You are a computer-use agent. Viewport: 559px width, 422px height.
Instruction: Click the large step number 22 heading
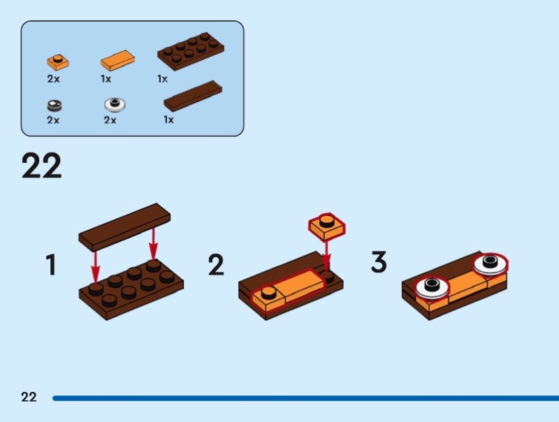pyautogui.click(x=42, y=166)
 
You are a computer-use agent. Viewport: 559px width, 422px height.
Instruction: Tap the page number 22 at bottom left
pyautogui.click(x=29, y=398)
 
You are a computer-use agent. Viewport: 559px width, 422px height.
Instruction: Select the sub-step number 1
pyautogui.click(x=50, y=265)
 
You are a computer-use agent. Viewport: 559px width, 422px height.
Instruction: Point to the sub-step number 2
pyautogui.click(x=216, y=265)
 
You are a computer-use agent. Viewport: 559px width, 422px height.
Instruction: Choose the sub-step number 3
pyautogui.click(x=379, y=263)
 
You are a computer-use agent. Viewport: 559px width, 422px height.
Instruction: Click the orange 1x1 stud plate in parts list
pyautogui.click(x=58, y=61)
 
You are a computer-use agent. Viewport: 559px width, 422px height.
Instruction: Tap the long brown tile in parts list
pyautogui.click(x=193, y=96)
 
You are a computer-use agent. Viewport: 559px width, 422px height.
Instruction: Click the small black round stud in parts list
pyautogui.click(x=55, y=105)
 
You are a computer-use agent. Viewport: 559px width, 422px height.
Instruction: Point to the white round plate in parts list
pyautogui.click(x=115, y=105)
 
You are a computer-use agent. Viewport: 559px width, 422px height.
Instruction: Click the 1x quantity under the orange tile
pyautogui.click(x=106, y=79)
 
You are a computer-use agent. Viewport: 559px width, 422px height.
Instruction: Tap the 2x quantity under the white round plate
pyautogui.click(x=110, y=120)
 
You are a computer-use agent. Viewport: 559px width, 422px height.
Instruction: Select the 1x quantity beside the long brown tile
pyautogui.click(x=168, y=120)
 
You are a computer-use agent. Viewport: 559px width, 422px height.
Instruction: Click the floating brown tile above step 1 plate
pyautogui.click(x=126, y=227)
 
